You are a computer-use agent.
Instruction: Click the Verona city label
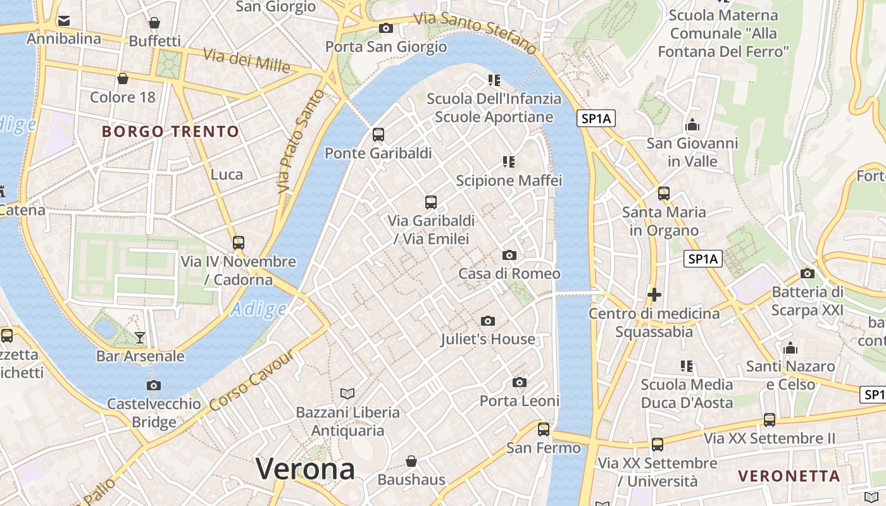pos(305,469)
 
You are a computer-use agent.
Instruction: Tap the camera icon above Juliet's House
pos(487,321)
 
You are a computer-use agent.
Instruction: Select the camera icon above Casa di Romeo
pos(509,255)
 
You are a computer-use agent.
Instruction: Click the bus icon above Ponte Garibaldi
pos(378,134)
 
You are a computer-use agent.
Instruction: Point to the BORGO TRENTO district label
pos(170,132)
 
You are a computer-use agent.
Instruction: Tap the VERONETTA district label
pos(789,476)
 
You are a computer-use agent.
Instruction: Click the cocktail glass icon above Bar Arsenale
pos(140,337)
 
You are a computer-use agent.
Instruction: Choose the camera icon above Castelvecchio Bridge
pos(153,385)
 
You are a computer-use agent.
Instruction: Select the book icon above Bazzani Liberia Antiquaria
pos(347,393)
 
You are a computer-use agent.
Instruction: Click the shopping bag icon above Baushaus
pos(411,460)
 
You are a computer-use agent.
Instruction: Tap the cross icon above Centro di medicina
pos(654,295)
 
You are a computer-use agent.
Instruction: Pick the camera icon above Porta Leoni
pos(520,382)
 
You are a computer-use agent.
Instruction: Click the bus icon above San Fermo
pos(543,429)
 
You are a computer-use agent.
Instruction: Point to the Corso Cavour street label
pos(252,381)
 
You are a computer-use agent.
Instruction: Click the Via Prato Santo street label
pos(301,141)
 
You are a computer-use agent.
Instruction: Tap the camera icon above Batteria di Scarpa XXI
pos(807,273)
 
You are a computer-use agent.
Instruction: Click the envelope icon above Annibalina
pos(63,20)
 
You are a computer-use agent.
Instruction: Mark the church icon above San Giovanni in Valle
pos(692,125)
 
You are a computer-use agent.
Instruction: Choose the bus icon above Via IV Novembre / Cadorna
pos(238,242)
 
